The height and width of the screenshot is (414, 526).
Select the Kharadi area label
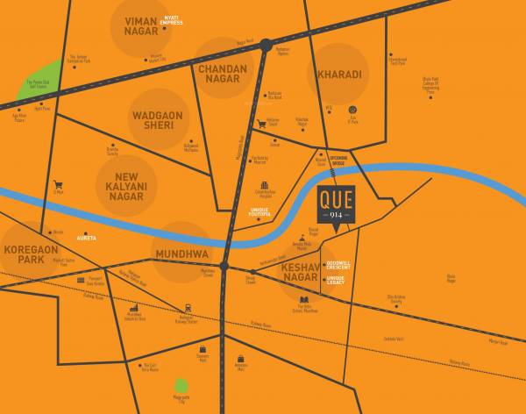(x=339, y=75)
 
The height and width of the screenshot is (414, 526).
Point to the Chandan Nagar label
(x=223, y=74)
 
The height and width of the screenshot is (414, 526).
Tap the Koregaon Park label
(x=31, y=254)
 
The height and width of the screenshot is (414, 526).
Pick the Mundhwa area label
(x=181, y=253)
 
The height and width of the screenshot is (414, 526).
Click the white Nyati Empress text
(x=172, y=20)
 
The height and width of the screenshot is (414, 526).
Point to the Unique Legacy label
(x=336, y=281)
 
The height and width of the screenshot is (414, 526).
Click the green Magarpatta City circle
(x=181, y=385)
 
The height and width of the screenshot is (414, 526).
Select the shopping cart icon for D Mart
(x=58, y=185)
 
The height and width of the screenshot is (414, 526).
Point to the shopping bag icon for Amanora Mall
(x=240, y=358)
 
